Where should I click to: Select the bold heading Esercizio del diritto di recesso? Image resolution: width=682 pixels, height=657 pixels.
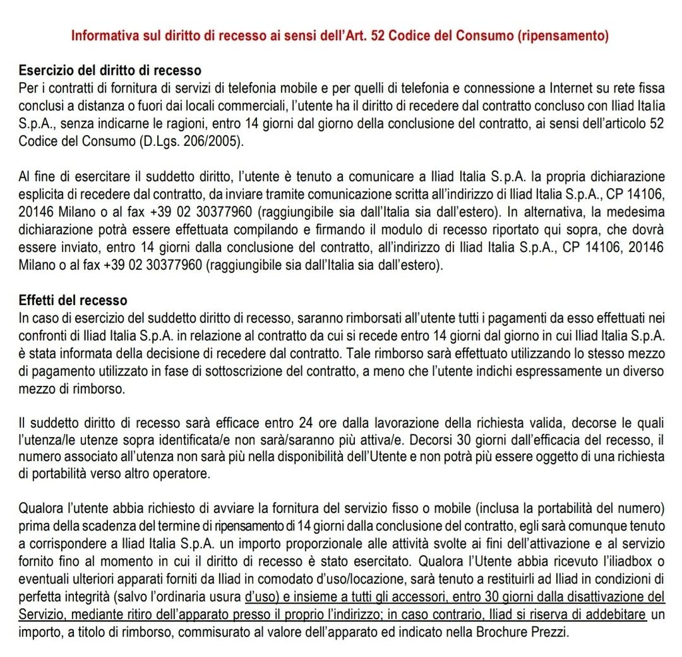(x=110, y=70)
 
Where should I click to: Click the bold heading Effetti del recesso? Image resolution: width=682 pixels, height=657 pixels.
(x=73, y=301)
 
